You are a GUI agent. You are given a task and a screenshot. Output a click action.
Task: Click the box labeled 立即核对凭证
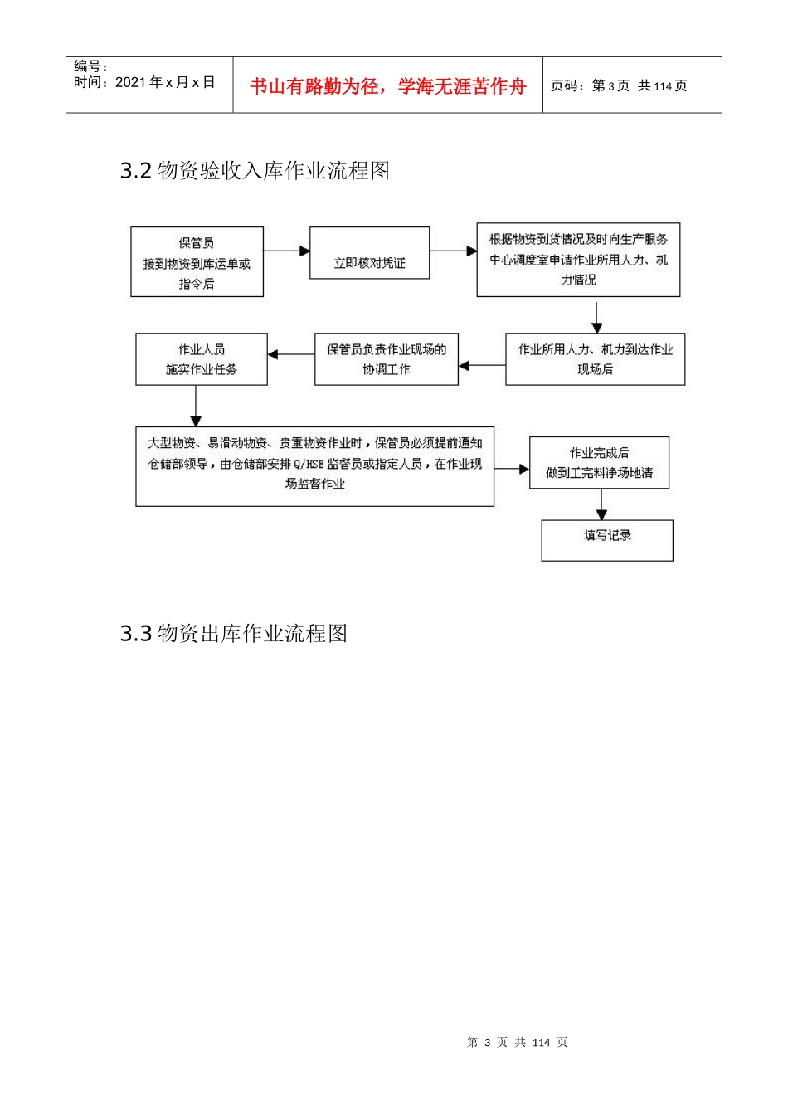pyautogui.click(x=369, y=253)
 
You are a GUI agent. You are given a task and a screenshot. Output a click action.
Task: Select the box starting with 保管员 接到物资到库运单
pyautogui.click(x=197, y=262)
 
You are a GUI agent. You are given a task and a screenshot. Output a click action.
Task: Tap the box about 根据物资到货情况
pyautogui.click(x=578, y=260)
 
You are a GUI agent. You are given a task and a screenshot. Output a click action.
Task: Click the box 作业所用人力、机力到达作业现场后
pyautogui.click(x=595, y=359)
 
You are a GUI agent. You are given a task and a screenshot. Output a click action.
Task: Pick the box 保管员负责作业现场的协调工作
pyautogui.click(x=386, y=359)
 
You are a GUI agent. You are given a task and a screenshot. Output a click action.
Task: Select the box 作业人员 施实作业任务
pyautogui.click(x=201, y=359)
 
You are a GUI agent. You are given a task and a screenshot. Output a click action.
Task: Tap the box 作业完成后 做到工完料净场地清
pyautogui.click(x=599, y=463)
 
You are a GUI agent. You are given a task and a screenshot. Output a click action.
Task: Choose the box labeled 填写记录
pyautogui.click(x=607, y=540)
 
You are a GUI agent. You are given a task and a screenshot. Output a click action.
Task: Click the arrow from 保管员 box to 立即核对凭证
pyautogui.click(x=286, y=251)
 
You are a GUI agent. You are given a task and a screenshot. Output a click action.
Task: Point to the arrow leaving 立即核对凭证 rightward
pyautogui.click(x=453, y=251)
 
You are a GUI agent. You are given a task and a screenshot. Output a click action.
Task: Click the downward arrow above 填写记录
pyautogui.click(x=601, y=504)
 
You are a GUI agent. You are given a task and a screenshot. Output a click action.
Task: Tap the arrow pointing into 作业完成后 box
pyautogui.click(x=512, y=470)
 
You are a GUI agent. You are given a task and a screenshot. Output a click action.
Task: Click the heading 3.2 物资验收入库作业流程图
pyautogui.click(x=255, y=171)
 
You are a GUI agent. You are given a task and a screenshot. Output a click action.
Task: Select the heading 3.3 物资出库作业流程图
pyautogui.click(x=233, y=634)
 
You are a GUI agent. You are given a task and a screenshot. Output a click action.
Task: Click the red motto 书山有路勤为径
pyautogui.click(x=387, y=86)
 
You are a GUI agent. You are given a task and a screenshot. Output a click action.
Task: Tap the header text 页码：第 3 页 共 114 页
pyautogui.click(x=619, y=86)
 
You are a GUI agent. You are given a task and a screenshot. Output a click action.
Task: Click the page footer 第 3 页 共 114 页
pyautogui.click(x=517, y=1043)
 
